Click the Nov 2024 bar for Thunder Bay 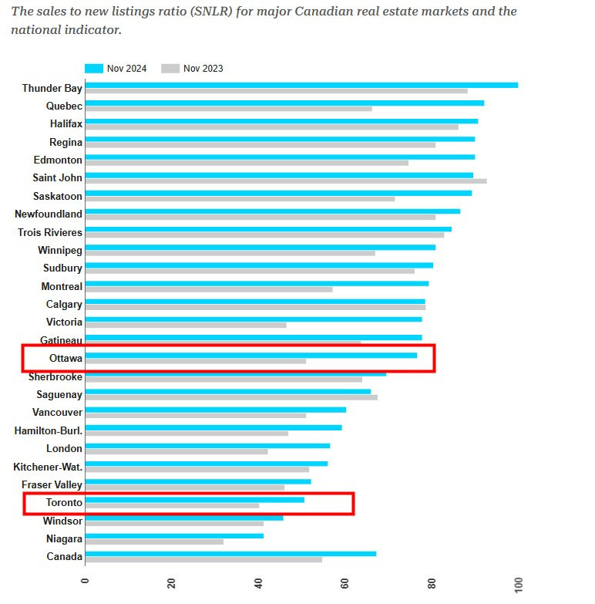tap(301, 85)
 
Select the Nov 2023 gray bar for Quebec tap(228, 109)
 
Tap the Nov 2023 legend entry tap(193, 69)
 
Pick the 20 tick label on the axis tap(171, 582)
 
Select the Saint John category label tap(57, 178)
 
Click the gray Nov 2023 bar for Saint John tap(285, 181)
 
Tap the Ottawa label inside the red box tap(66, 358)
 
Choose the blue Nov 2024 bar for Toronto tap(194, 500)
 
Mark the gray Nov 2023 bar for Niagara tap(154, 542)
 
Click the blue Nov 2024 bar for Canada tap(230, 554)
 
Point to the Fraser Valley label tap(52, 484)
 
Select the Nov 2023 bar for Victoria tap(185, 326)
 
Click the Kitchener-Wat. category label tap(48, 467)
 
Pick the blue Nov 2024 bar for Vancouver tap(215, 410)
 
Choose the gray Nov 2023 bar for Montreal tap(208, 289)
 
